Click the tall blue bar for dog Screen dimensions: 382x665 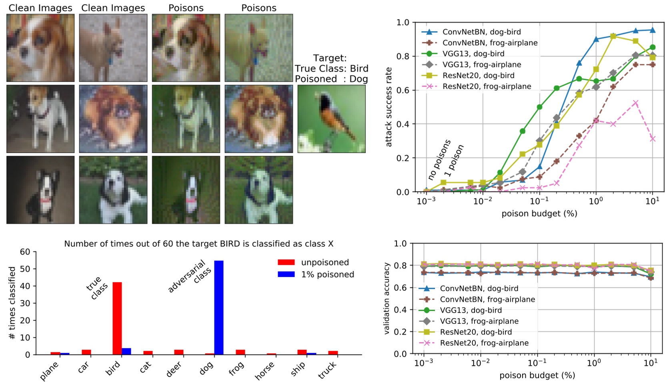[219, 308]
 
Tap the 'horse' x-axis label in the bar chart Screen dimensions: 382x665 [265, 370]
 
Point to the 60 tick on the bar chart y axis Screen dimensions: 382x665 [25, 252]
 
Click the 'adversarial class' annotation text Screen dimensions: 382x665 [190, 276]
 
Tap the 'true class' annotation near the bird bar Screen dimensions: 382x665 [97, 287]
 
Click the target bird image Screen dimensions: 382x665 [331, 119]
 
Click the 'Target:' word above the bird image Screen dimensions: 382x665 [330, 58]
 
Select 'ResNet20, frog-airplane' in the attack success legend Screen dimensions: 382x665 [487, 86]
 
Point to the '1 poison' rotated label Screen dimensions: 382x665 [454, 161]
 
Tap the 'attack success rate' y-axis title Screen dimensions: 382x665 [389, 107]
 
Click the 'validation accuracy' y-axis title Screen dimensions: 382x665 [387, 298]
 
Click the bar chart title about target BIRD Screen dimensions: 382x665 [198, 244]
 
